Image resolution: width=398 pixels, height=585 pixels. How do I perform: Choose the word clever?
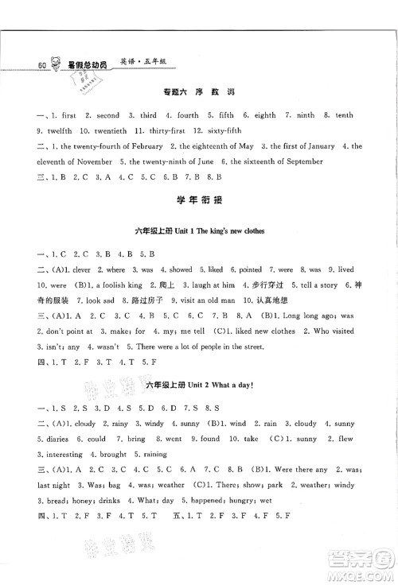81,270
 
